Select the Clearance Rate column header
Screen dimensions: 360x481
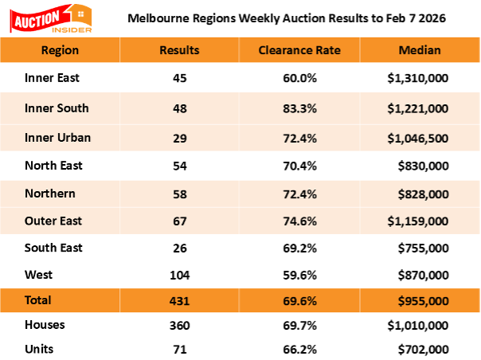pos(299,50)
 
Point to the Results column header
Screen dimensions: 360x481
pos(179,50)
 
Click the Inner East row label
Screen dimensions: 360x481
pos(53,78)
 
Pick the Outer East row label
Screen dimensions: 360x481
pos(54,221)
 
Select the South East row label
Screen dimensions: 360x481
pos(54,248)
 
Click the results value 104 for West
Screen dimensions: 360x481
pos(179,275)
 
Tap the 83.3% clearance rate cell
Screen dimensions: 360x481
pos(299,108)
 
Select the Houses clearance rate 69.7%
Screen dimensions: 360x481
pos(299,326)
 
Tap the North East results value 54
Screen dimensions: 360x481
pos(179,166)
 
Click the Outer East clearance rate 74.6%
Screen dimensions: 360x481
pos(299,221)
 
